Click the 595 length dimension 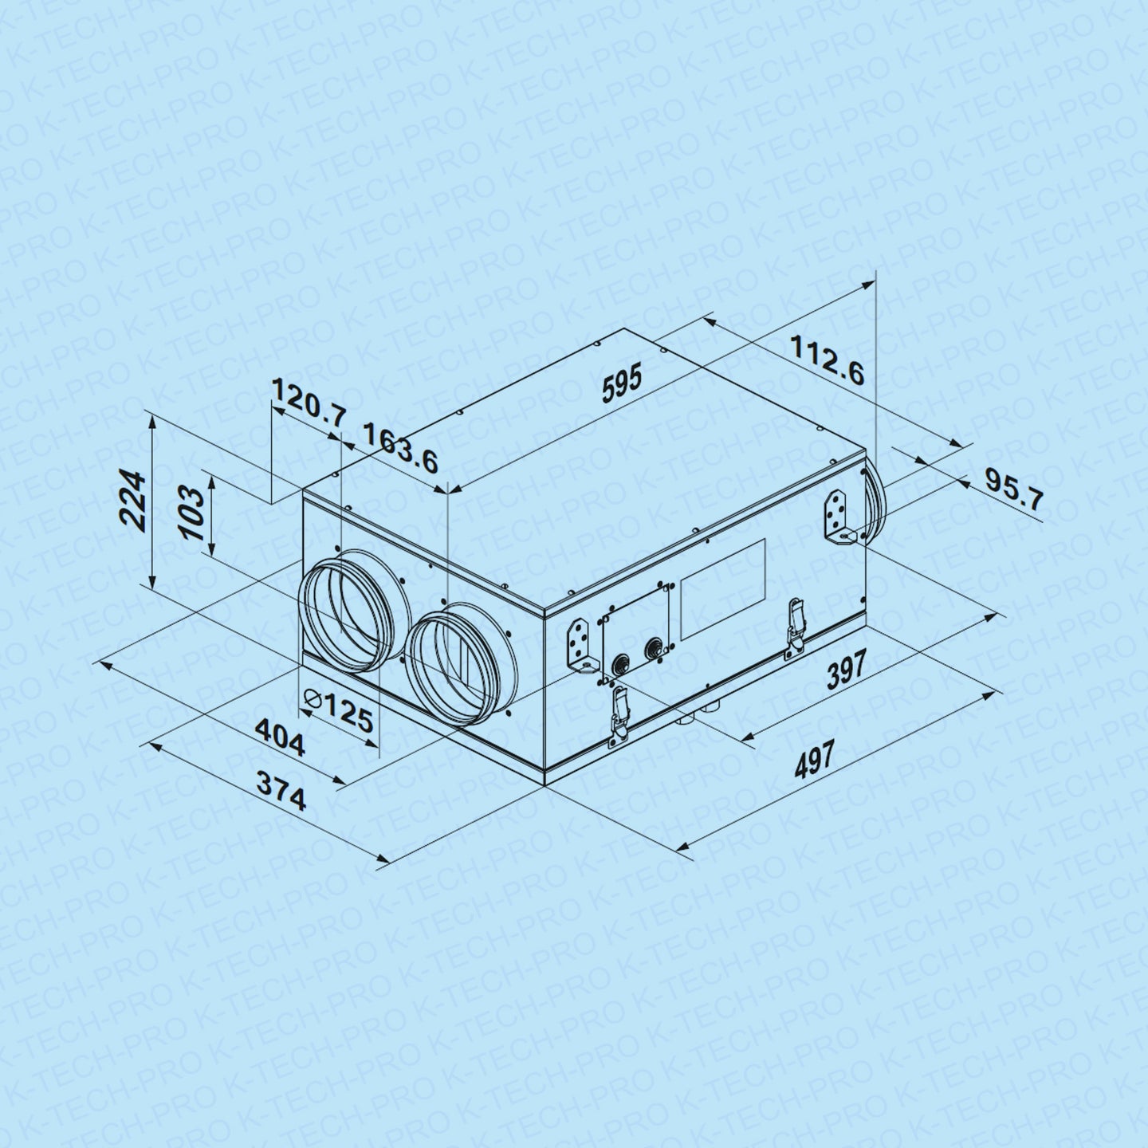coord(622,385)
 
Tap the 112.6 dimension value coord(828,360)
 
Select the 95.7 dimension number coord(1013,489)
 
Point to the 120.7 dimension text coord(309,402)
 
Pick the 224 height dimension coord(132,501)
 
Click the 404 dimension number coord(280,737)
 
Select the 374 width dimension coord(281,791)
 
